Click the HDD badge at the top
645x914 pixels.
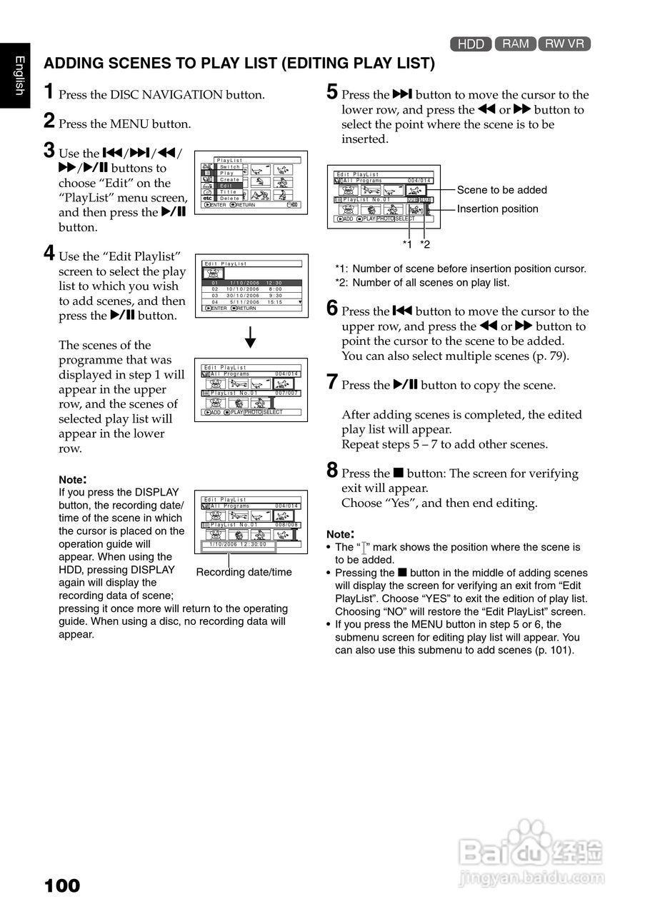click(471, 44)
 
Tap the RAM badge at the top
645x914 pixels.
click(515, 44)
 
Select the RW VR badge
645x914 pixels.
click(564, 44)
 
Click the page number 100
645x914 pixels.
click(62, 886)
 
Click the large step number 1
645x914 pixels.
click(49, 92)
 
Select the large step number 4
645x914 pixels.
click(49, 253)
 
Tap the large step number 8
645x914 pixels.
click(332, 471)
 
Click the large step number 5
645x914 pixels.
click(332, 92)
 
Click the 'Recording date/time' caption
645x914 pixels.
click(244, 572)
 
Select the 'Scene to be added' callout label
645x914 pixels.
click(501, 190)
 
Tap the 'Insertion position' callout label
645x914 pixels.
click(497, 209)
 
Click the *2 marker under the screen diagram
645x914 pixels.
click(425, 244)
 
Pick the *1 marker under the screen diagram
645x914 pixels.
click(407, 244)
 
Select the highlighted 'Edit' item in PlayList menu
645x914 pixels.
click(228, 186)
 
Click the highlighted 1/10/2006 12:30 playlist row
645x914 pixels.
click(251, 283)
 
